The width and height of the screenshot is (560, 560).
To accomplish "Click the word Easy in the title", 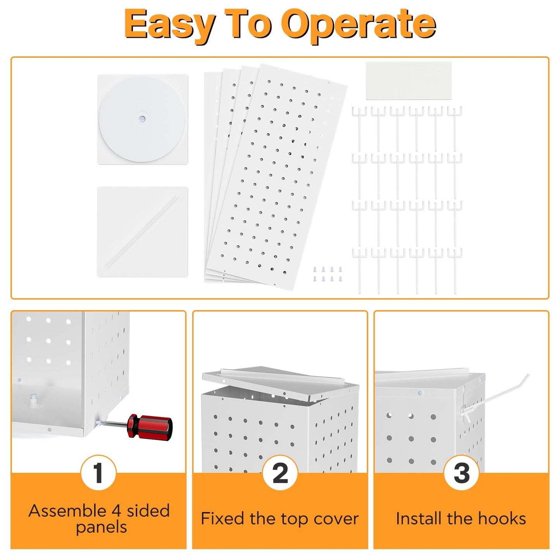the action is [170, 26].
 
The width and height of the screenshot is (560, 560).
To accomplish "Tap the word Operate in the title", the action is [358, 26].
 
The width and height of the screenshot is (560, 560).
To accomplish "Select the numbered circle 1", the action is [98, 473].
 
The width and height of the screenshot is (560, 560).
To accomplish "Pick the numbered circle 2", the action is [280, 473].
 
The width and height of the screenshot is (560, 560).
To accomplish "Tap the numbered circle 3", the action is [462, 473].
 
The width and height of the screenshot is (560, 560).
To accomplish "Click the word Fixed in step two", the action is [222, 519].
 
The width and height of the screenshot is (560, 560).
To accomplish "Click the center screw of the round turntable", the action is [142, 119].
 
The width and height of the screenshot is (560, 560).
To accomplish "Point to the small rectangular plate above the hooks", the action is [408, 81].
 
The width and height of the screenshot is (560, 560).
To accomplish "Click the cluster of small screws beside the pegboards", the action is [327, 274].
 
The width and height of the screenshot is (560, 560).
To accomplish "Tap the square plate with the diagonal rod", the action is [142, 232].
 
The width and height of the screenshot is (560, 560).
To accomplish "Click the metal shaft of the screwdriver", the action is [115, 424].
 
